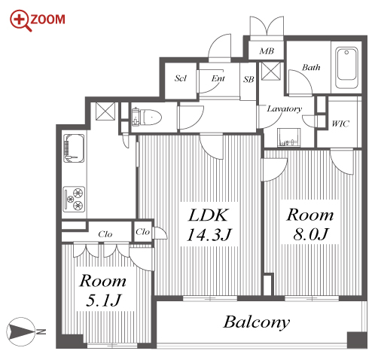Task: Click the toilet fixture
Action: click(x=147, y=117)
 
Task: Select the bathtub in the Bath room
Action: click(x=346, y=67)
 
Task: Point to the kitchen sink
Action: click(x=74, y=148)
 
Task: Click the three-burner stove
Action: click(x=74, y=199)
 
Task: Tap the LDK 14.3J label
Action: click(x=209, y=225)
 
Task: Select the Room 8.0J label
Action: click(x=310, y=224)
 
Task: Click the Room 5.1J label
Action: click(x=103, y=291)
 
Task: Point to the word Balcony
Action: click(x=257, y=322)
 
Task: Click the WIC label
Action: click(x=340, y=124)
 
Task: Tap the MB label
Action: click(x=267, y=51)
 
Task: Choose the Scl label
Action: click(x=181, y=78)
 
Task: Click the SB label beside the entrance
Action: click(x=248, y=79)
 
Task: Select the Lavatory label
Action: click(x=284, y=109)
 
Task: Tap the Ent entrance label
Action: click(x=218, y=78)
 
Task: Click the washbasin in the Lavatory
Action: click(x=288, y=137)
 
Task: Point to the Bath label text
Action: click(x=311, y=67)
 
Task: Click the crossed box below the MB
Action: click(x=271, y=71)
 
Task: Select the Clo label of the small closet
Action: click(x=142, y=232)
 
